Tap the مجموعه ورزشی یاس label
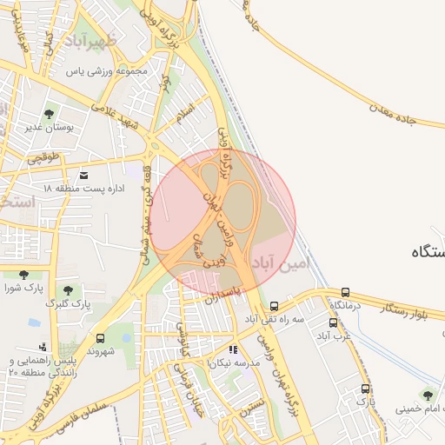pyautogui.click(x=110, y=71)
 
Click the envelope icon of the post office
pyautogui.click(x=83, y=174)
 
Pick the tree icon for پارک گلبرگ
pyautogui.click(x=69, y=289)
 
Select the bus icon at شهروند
pyautogui.click(x=100, y=338)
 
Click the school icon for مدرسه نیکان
pyautogui.click(x=232, y=349)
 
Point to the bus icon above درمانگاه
pyautogui.click(x=346, y=292)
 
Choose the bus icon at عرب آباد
pyautogui.click(x=334, y=322)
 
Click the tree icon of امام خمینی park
pyautogui.click(x=426, y=394)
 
